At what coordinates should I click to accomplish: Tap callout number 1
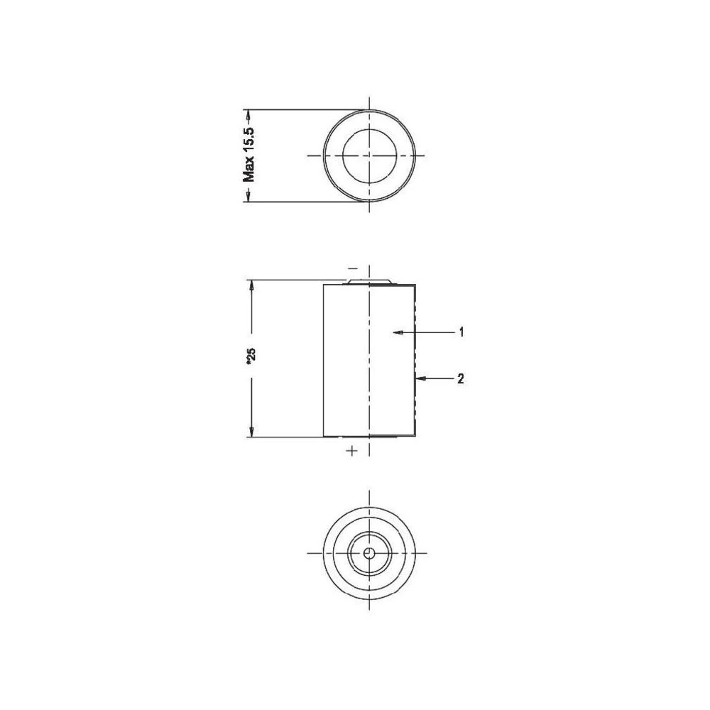point(461,332)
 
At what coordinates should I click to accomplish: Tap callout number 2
point(461,379)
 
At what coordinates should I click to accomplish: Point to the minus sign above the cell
point(353,268)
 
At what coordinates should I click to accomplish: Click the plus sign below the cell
point(350,450)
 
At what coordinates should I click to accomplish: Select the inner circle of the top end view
point(368,155)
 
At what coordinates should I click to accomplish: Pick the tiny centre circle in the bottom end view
point(368,553)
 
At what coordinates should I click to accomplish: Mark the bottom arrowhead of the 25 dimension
point(251,432)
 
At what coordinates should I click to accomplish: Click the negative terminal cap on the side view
point(368,281)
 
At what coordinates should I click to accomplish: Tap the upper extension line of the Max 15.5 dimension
point(298,109)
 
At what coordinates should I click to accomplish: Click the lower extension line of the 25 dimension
point(284,437)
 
